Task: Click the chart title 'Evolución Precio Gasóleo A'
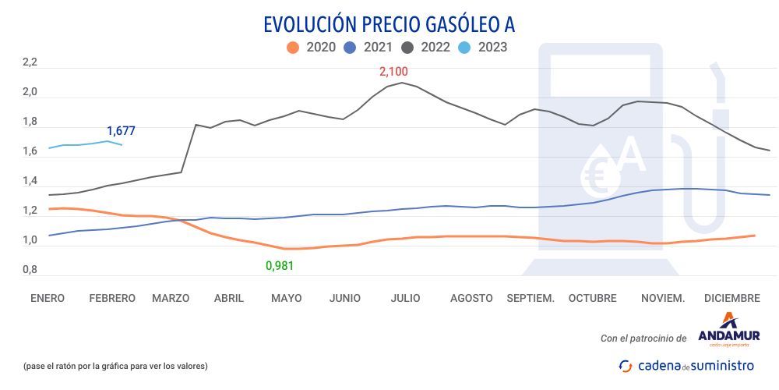pos(389,23)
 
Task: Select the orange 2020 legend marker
pos(293,48)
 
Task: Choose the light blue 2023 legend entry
pos(483,48)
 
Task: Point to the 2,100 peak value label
pos(393,72)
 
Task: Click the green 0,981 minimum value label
pos(280,266)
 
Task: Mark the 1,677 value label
pos(121,131)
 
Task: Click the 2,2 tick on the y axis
pos(30,63)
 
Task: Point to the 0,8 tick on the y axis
pos(30,270)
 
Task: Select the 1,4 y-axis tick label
pos(30,181)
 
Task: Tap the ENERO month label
pos(48,299)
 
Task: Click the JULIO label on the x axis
pos(405,299)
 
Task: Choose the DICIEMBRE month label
pos(731,299)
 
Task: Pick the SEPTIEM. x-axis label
pos(530,299)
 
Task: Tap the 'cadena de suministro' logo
pos(686,365)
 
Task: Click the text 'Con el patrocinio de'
pos(643,339)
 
